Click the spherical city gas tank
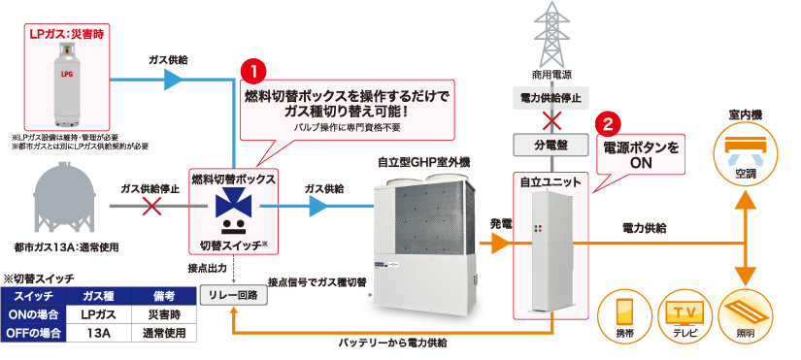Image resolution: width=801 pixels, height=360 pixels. pos(69,206)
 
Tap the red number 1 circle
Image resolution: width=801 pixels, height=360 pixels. pos(251,71)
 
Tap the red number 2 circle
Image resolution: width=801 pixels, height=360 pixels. pos(608,124)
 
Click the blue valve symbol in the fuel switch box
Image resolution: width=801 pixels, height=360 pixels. pos(232,207)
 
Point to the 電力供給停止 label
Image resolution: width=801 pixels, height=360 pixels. pos(551,97)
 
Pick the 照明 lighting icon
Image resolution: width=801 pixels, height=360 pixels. pos(745,312)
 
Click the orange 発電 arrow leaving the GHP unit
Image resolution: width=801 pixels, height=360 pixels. pos(497,241)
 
